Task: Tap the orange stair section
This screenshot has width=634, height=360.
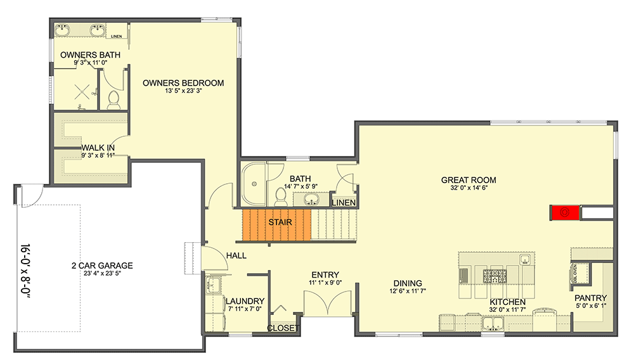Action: point(277,224)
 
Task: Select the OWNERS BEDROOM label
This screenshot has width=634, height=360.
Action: point(183,83)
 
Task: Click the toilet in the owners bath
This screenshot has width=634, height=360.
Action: point(114,99)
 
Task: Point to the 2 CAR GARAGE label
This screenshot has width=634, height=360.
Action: point(102,266)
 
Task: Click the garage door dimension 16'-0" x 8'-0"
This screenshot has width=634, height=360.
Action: point(25,266)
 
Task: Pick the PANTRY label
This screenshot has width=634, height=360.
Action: point(591,299)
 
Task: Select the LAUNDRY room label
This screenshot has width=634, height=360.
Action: point(245,301)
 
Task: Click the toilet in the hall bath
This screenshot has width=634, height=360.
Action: point(281,194)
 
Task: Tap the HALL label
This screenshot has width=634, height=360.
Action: point(236,255)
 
